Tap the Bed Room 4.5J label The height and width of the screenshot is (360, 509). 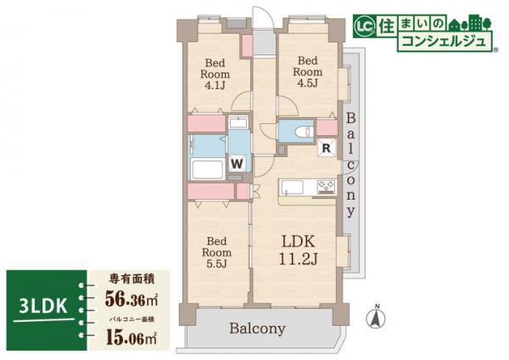(x=306, y=71)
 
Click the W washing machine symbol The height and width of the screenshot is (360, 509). (x=238, y=161)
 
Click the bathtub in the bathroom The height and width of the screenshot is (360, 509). (x=207, y=167)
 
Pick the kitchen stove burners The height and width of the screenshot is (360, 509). (x=326, y=187)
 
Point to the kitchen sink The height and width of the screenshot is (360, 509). (x=292, y=187)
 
